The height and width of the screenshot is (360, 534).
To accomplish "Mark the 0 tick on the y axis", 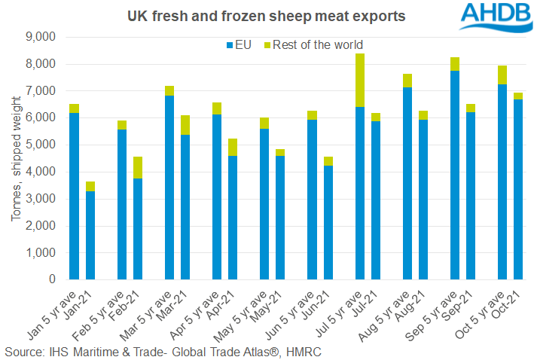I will click(53, 279).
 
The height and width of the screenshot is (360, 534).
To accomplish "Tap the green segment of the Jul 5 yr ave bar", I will click(359, 81).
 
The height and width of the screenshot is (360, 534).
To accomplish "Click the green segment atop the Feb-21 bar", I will click(139, 167).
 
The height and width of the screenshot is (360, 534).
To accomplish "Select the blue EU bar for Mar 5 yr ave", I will click(169, 188).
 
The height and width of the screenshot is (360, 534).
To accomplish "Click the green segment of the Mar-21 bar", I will click(185, 125).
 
